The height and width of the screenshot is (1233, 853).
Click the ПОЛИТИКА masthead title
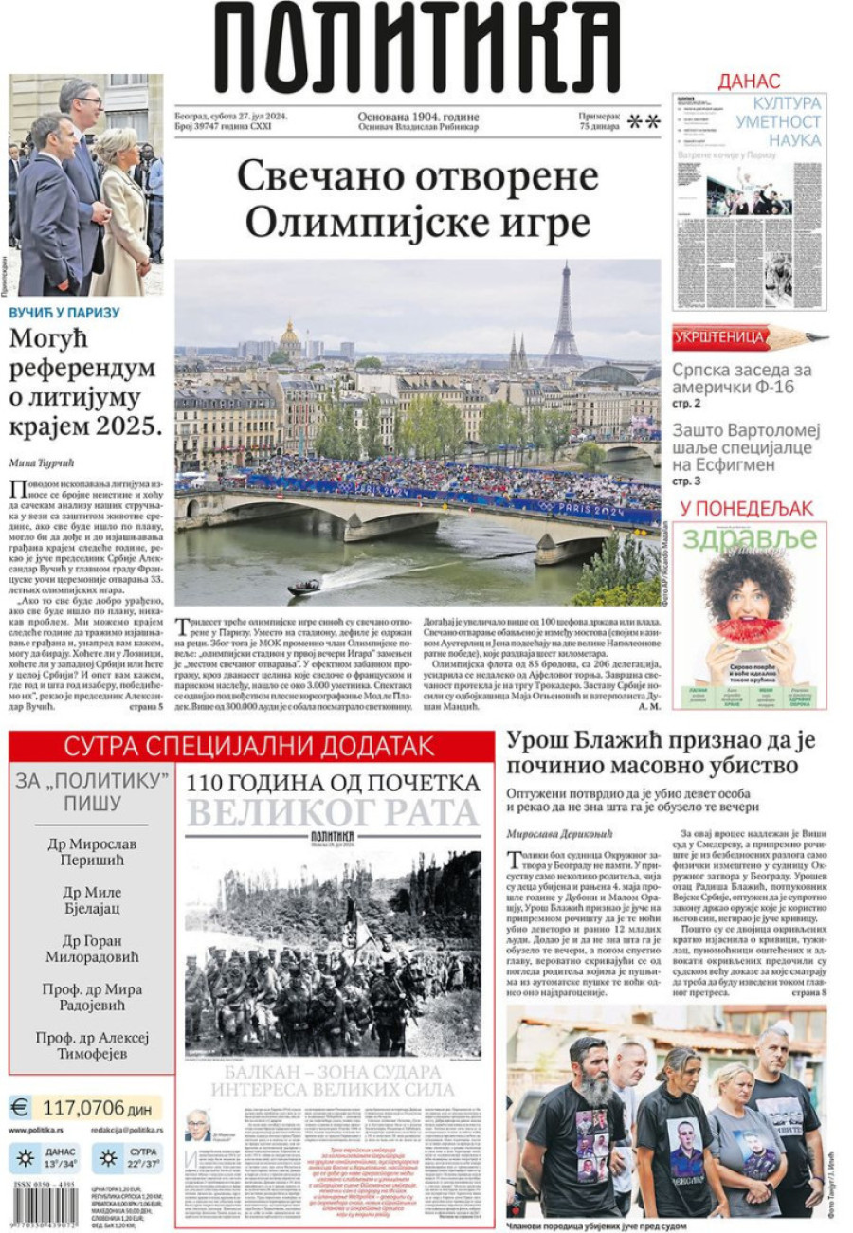click(x=417, y=47)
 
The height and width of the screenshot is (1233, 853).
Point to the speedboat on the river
click(x=304, y=587)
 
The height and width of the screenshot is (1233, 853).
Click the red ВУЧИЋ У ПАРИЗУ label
click(x=64, y=313)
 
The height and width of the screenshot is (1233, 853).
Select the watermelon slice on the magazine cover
click(x=748, y=630)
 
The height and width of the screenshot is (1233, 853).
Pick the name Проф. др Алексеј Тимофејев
click(x=93, y=1047)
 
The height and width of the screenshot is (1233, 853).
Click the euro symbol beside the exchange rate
click(x=20, y=1107)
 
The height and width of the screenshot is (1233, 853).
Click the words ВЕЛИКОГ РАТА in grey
click(x=333, y=813)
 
